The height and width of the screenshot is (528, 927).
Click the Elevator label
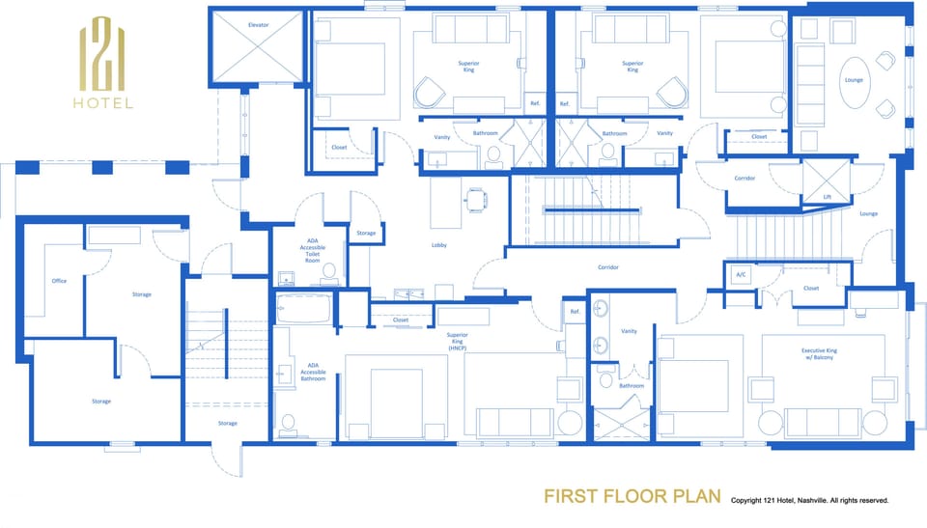pyautogui.click(x=258, y=24)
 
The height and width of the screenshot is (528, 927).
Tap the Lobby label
pyautogui.click(x=438, y=245)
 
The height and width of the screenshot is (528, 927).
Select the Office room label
pyautogui.click(x=59, y=281)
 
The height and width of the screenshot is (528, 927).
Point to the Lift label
pyautogui.click(x=827, y=197)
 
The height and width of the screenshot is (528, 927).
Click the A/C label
pyautogui.click(x=741, y=275)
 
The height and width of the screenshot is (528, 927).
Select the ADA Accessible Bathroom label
pyautogui.click(x=312, y=373)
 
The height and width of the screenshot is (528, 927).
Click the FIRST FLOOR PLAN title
pyautogui.click(x=632, y=497)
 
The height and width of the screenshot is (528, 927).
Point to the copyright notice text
pyautogui.click(x=809, y=501)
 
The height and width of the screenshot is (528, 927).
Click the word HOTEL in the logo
pyautogui.click(x=102, y=103)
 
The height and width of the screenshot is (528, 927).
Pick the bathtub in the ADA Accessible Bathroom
pyautogui.click(x=304, y=310)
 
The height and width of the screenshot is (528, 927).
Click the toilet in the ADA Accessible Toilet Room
pyautogui.click(x=329, y=273)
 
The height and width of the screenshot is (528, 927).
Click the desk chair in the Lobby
pyautogui.click(x=475, y=199)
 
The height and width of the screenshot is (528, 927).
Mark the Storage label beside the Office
pyautogui.click(x=141, y=294)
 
